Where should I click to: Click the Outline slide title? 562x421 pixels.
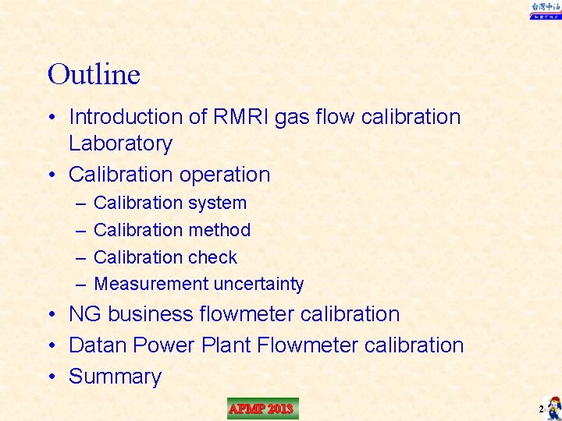[x=94, y=74]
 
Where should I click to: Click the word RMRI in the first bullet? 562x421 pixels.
[x=235, y=117]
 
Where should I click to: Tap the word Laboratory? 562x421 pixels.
[x=120, y=143]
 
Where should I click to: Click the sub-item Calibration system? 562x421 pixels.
[x=169, y=203]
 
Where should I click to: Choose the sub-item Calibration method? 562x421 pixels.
[x=172, y=230]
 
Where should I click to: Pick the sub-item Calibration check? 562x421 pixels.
[x=165, y=257]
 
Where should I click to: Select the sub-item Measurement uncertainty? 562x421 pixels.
[x=198, y=285]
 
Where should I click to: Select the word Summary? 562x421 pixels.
[x=115, y=377]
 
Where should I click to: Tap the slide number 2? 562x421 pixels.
[x=540, y=409]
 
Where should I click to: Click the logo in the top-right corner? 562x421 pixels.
[x=545, y=9]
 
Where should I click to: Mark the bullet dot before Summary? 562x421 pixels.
[x=52, y=377]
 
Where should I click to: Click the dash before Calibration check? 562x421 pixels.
[x=81, y=257]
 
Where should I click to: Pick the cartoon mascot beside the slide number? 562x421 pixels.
[x=553, y=407]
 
